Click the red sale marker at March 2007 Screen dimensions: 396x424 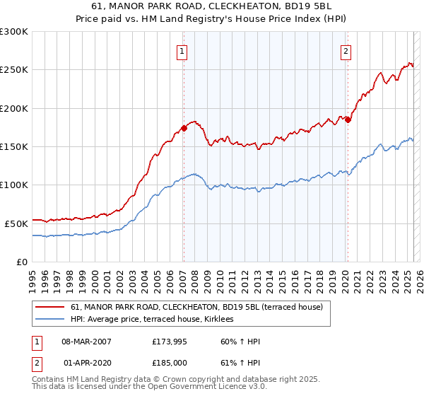(x=184, y=128)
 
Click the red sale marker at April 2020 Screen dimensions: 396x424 (x=347, y=120)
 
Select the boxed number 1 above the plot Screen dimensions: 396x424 (x=182, y=51)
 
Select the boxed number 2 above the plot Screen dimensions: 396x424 (x=346, y=51)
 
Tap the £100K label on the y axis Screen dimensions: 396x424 (x=14, y=185)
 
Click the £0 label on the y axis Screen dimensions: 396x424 (x=21, y=262)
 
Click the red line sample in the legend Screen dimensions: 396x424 (x=49, y=307)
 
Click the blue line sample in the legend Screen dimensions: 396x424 (x=49, y=320)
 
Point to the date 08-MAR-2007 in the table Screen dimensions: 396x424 (x=88, y=342)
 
